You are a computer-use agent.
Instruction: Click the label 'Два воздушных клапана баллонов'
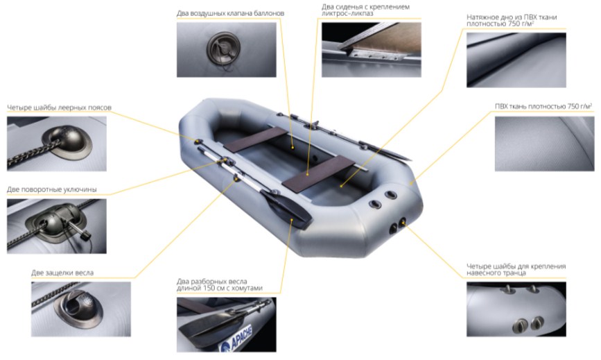click(x=230, y=13)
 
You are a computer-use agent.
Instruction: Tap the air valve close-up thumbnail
click(x=226, y=49)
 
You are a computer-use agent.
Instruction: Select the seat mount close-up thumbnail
click(x=371, y=49)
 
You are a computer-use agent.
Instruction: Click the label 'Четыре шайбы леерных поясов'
click(x=59, y=108)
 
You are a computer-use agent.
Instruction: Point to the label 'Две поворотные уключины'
click(x=52, y=189)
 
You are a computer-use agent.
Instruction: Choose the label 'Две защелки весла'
click(x=62, y=273)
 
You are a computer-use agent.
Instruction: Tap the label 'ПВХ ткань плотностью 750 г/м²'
click(x=543, y=106)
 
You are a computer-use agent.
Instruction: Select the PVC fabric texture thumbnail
click(x=544, y=144)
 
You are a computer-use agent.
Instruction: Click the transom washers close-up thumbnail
click(x=516, y=309)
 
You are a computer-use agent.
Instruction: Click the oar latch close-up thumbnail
click(x=81, y=309)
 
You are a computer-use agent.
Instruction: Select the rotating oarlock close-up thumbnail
click(x=57, y=226)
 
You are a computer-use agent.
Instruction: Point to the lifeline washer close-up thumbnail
click(x=57, y=144)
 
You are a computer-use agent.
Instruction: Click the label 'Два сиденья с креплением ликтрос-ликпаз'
click(x=365, y=10)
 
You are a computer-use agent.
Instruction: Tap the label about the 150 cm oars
click(x=220, y=285)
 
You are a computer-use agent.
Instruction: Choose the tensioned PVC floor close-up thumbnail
click(x=516, y=60)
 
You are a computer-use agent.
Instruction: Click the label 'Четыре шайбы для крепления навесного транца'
click(x=516, y=269)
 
